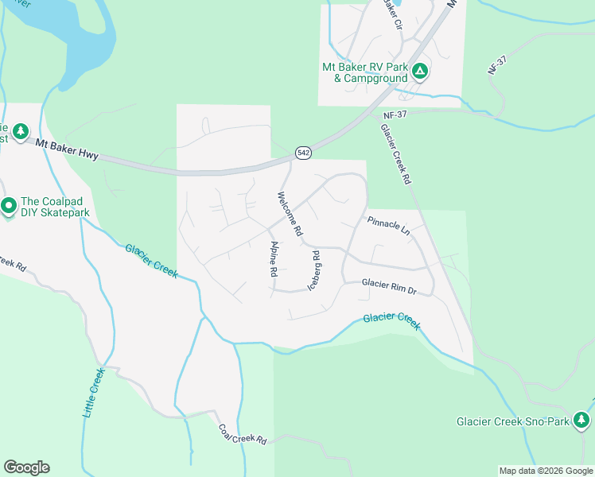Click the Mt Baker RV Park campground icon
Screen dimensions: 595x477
(x=421, y=72)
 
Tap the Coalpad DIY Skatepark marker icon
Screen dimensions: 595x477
(x=9, y=207)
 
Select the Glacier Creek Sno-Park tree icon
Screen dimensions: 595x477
(x=582, y=420)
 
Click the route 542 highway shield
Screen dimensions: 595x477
(x=302, y=152)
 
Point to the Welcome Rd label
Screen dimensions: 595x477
(x=290, y=213)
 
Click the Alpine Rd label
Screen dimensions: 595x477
(x=273, y=258)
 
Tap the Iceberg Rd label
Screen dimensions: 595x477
(x=314, y=270)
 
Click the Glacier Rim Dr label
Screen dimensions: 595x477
(x=389, y=285)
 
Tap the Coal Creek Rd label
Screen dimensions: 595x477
(x=243, y=433)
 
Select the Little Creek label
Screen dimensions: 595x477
(x=93, y=393)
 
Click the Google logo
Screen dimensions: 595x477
(x=26, y=467)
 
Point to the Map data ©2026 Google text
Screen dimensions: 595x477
(x=545, y=471)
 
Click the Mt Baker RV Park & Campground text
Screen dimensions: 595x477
(x=365, y=72)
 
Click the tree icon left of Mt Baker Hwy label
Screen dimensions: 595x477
(x=21, y=131)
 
